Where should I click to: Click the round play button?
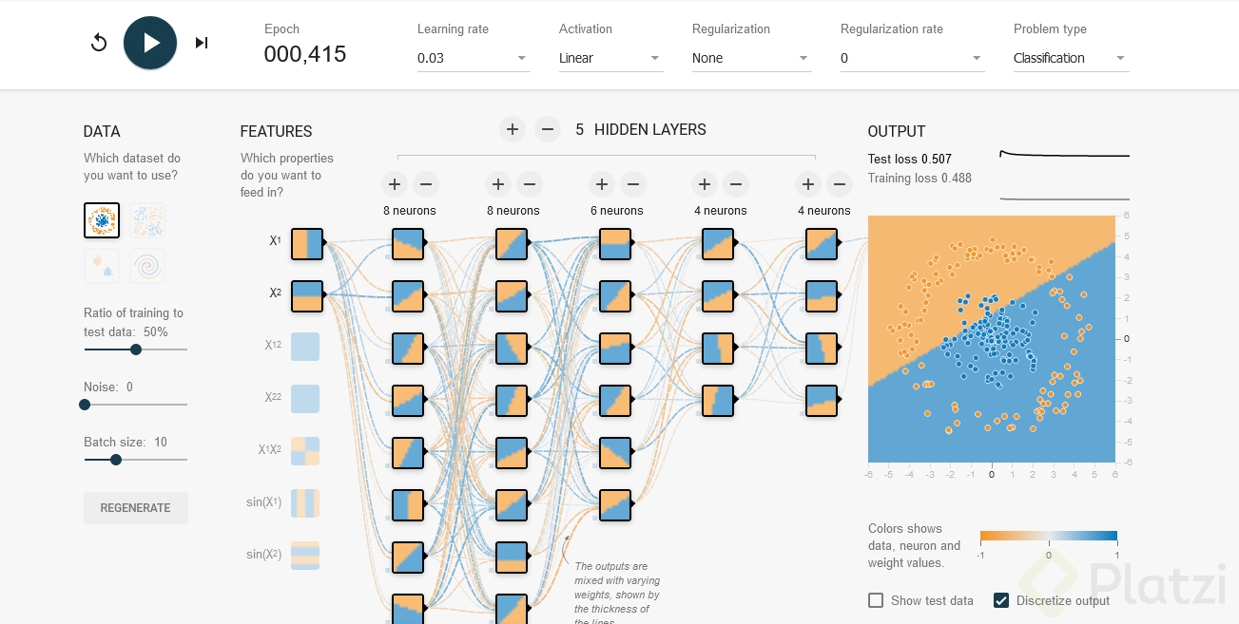point(150,43)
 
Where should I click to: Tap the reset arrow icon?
point(99,43)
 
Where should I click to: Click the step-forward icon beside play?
point(202,43)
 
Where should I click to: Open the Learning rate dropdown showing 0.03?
point(473,58)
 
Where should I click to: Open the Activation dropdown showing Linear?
point(610,58)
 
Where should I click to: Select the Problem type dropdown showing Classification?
point(1070,58)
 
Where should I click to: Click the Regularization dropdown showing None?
point(751,58)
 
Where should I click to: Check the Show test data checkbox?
point(876,600)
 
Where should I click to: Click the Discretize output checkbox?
point(1000,600)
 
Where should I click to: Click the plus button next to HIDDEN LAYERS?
point(513,129)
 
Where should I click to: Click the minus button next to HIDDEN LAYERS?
point(548,129)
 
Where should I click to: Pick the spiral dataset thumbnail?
point(147,266)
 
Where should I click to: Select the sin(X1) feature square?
point(305,503)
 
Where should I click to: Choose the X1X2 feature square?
point(305,451)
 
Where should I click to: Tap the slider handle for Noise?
point(85,405)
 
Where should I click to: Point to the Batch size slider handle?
point(116,460)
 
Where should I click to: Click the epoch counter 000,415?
point(305,55)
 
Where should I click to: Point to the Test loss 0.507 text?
point(910,159)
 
